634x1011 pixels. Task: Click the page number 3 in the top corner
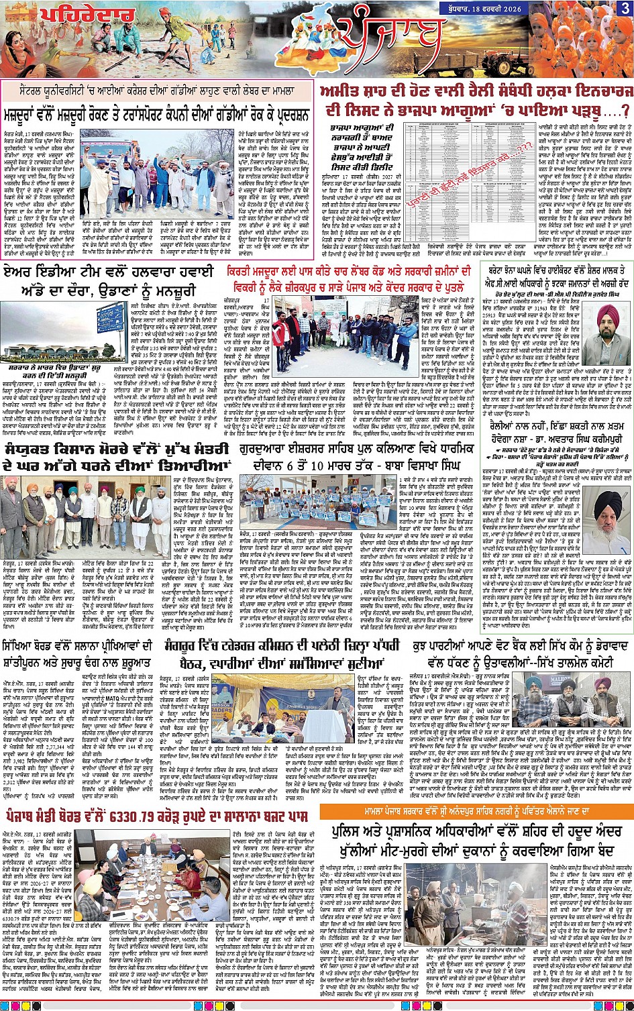pos(623,9)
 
